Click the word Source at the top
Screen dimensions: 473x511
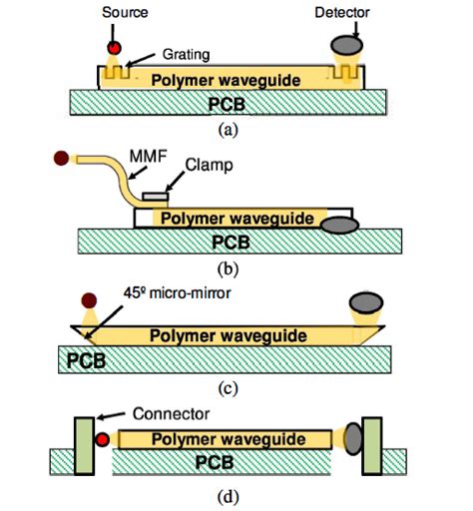click(125, 13)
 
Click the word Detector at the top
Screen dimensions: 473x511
click(342, 13)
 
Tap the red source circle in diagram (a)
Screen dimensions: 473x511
click(114, 48)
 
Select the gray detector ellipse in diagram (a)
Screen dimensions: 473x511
click(346, 45)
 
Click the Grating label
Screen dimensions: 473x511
click(186, 55)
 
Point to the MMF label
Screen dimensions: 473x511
click(148, 156)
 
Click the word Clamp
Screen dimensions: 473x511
click(209, 165)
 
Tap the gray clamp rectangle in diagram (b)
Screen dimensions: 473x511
click(155, 197)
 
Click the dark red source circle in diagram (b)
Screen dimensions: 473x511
click(61, 158)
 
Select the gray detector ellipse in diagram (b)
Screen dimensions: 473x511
click(339, 226)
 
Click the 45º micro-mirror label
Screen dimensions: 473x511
click(177, 293)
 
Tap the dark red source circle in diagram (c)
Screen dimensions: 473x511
click(89, 300)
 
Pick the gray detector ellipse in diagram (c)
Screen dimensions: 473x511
click(366, 303)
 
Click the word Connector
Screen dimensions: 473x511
click(171, 414)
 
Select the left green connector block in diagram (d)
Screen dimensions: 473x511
click(84, 446)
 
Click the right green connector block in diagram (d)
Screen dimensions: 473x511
click(372, 446)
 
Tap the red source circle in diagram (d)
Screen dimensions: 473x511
click(103, 439)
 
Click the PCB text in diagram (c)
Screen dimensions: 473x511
click(86, 360)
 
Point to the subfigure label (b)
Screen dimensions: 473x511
click(228, 268)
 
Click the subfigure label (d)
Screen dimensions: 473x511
click(228, 498)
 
